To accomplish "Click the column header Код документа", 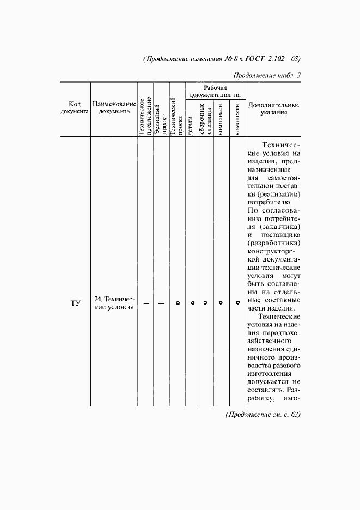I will [75, 108].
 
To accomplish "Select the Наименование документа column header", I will [114, 108].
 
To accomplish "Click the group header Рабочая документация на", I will [215, 91].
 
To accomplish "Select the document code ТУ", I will [75, 303].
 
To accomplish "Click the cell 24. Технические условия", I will [114, 303].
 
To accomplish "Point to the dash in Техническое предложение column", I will [145, 303].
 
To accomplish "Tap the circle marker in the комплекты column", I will [237, 303].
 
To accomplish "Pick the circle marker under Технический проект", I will [178, 303].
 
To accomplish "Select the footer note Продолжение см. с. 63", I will [263, 415].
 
